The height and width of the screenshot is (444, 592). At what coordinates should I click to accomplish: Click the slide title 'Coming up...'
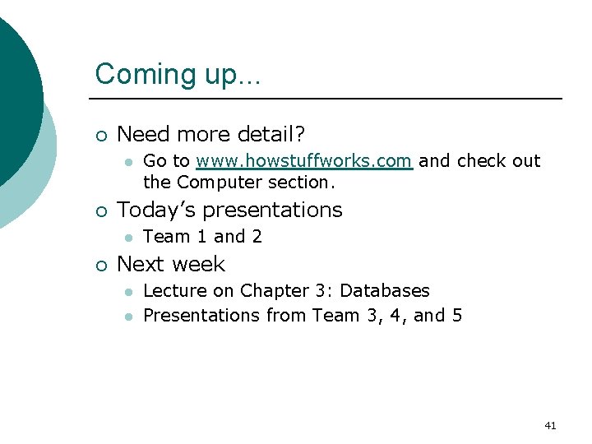178,74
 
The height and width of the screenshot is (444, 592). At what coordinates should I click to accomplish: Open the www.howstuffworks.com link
303,161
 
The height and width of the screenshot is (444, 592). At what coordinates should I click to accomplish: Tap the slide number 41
550,426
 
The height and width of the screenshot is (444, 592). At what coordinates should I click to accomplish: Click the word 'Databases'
384,291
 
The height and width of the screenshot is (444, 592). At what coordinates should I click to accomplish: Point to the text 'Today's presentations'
229,210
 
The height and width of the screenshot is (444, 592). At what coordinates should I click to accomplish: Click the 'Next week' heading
171,264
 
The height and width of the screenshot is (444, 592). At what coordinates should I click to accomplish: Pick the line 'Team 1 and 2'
202,237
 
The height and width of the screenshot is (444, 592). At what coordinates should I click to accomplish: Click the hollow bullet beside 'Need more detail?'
100,134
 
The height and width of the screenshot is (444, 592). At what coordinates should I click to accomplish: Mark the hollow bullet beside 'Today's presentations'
100,211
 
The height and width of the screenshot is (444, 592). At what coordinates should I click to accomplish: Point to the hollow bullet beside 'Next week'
100,265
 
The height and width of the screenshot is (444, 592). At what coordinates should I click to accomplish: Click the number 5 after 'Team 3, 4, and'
456,316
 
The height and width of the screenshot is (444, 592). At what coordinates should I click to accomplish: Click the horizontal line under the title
329,99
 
